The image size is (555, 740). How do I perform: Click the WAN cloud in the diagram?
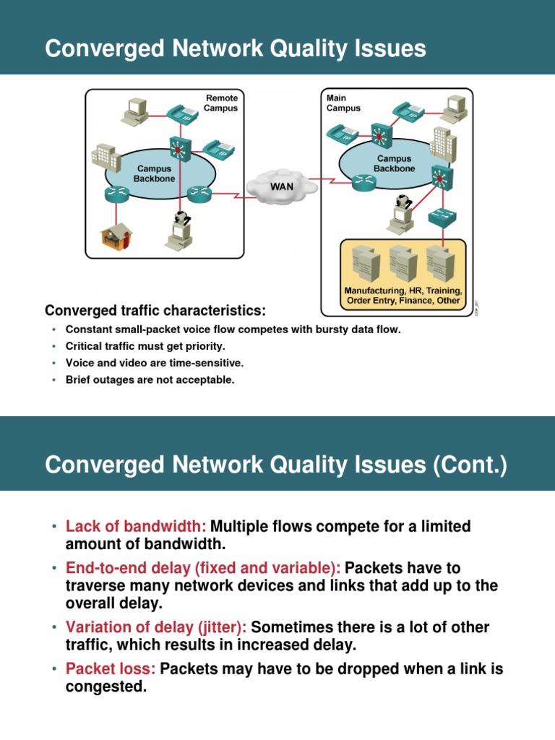[281, 186]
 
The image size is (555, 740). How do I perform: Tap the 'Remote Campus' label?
[222, 103]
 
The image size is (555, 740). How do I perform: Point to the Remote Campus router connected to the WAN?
[197, 193]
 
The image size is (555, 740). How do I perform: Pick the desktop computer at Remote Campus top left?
[135, 108]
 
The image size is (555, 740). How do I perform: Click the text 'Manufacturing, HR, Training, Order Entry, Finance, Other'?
[403, 295]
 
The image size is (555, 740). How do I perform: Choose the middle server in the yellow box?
[403, 263]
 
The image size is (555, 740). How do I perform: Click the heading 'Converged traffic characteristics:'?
[155, 311]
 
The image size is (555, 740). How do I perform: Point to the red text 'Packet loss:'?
[111, 668]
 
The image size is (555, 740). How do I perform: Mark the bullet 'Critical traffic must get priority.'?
[145, 346]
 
